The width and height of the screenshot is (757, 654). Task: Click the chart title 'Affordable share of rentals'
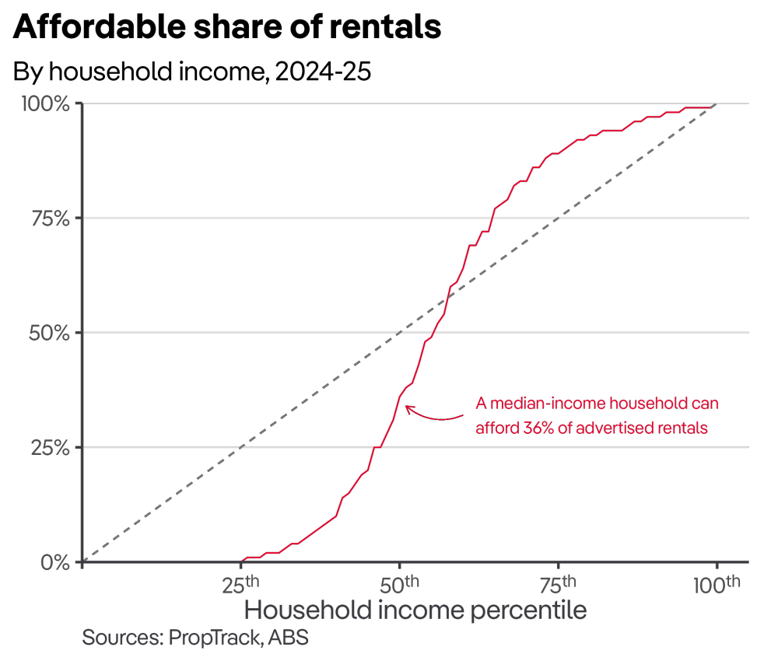click(227, 28)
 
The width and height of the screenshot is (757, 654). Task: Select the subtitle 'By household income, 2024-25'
click(192, 72)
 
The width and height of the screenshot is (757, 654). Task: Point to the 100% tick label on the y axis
click(46, 103)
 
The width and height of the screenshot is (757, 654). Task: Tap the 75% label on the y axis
click(49, 219)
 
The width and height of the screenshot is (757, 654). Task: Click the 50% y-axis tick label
click(49, 333)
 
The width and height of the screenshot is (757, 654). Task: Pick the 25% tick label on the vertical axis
click(49, 448)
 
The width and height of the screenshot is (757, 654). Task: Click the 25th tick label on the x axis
click(241, 584)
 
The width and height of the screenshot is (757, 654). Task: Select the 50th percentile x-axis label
click(400, 584)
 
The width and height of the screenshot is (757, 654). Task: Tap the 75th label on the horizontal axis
click(559, 584)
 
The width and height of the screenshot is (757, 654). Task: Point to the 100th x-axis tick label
click(717, 584)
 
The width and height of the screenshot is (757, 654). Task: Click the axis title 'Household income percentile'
click(415, 610)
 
